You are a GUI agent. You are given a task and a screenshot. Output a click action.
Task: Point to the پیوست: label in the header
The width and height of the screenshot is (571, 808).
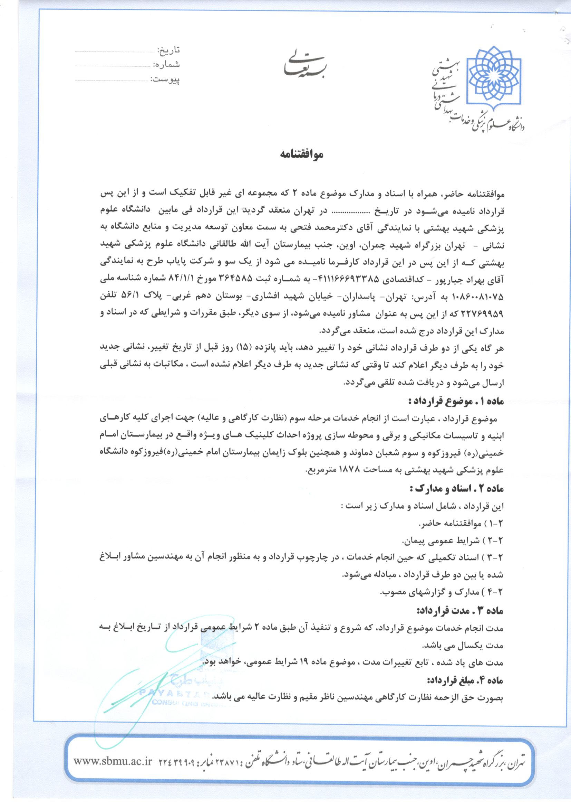(165, 79)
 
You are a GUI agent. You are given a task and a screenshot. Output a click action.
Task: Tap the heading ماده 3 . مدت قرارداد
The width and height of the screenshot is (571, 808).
(461, 611)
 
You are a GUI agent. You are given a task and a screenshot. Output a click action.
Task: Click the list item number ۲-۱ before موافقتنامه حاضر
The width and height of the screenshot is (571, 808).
(495, 524)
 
